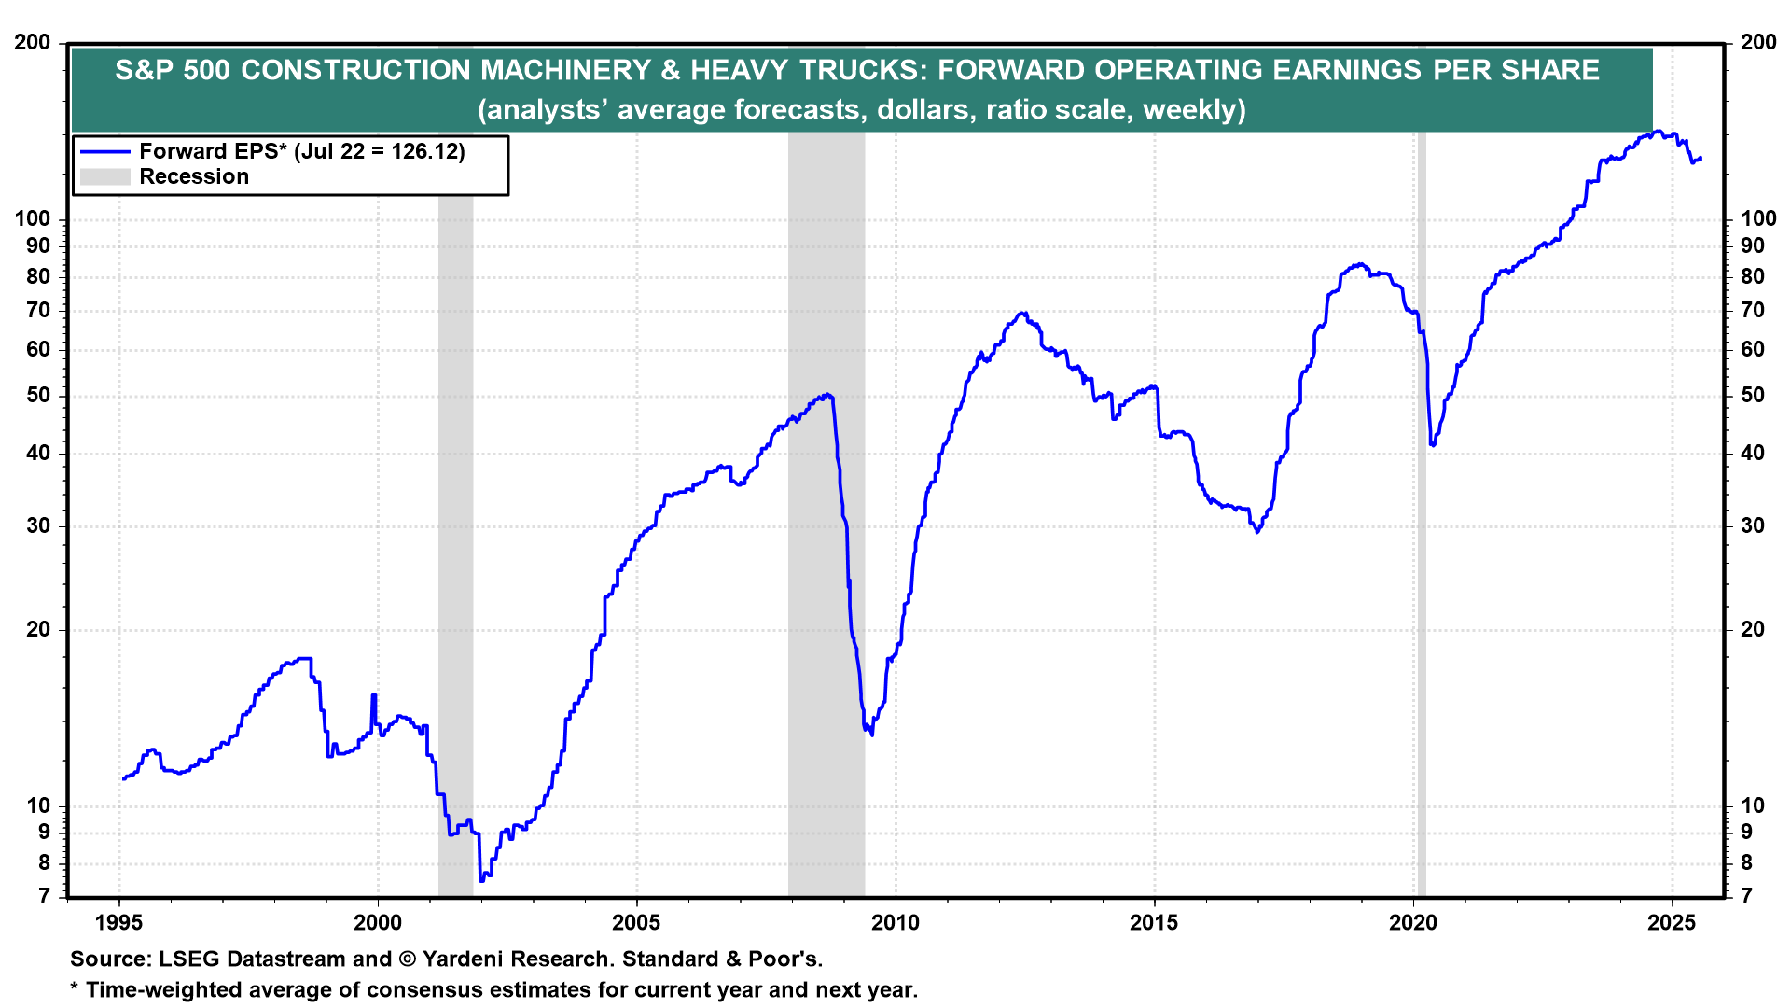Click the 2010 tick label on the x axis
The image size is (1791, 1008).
click(x=895, y=923)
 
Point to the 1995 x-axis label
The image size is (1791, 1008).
click(x=118, y=923)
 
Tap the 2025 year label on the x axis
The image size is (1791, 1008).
click(x=1672, y=923)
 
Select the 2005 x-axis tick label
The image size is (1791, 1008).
click(x=636, y=923)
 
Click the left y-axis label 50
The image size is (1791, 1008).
click(x=38, y=396)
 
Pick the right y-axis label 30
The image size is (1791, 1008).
click(x=1753, y=526)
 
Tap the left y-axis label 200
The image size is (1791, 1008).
click(x=33, y=43)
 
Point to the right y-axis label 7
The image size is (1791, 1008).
click(x=1747, y=897)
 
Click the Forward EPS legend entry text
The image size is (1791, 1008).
click(x=301, y=151)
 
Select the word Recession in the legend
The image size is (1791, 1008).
click(x=194, y=177)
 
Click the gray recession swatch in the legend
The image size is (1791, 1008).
click(x=104, y=177)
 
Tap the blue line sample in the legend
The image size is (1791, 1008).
click(x=104, y=151)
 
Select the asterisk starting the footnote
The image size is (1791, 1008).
click(x=75, y=989)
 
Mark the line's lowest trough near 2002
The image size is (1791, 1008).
click(x=481, y=879)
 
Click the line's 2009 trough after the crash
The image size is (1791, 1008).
click(x=872, y=735)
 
